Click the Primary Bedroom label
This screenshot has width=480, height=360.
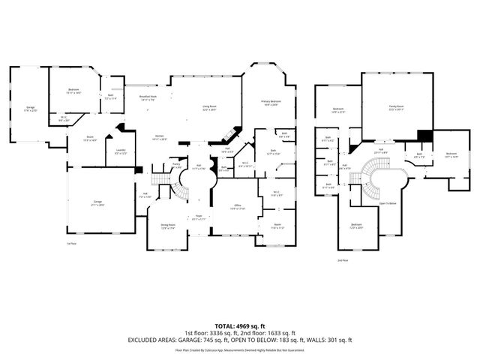(x=271, y=102)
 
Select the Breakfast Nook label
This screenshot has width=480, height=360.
(x=148, y=97)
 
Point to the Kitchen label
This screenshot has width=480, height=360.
(x=159, y=136)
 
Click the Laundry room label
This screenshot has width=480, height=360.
(x=120, y=151)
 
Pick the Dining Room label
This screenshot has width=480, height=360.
(x=167, y=225)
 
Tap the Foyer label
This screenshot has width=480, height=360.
(x=199, y=217)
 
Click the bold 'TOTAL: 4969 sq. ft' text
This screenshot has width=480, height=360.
(x=240, y=325)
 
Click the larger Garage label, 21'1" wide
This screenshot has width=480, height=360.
(x=97, y=202)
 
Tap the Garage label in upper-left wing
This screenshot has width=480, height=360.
(x=31, y=108)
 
